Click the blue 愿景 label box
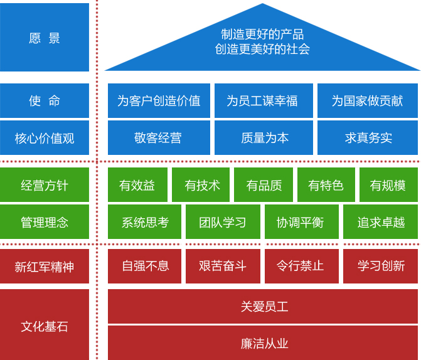click(x=45, y=37)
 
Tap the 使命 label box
click(x=45, y=101)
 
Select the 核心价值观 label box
click(x=45, y=138)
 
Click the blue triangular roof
click(x=262, y=46)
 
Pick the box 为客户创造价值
click(x=159, y=101)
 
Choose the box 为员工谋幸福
click(x=264, y=101)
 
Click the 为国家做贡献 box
click(x=368, y=101)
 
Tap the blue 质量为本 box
click(x=264, y=138)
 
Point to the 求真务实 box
click(x=368, y=138)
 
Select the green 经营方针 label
click(x=45, y=184)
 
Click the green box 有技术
click(x=201, y=184)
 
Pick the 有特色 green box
click(x=326, y=184)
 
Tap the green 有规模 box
click(x=388, y=184)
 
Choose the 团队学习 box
click(x=223, y=222)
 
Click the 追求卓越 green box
click(x=380, y=222)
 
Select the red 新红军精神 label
click(x=45, y=267)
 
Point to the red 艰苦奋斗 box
click(x=223, y=267)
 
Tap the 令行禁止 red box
click(x=302, y=267)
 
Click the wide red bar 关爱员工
click(x=263, y=306)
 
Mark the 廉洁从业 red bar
click(x=263, y=343)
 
